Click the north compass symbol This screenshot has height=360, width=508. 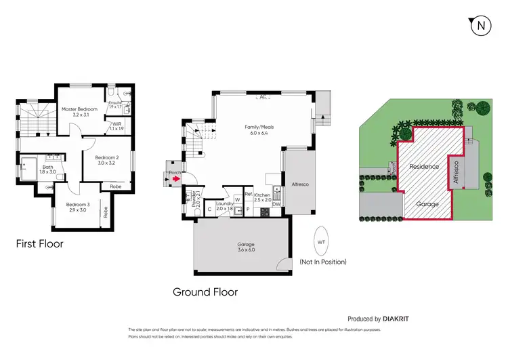480,26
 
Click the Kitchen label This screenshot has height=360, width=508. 262,197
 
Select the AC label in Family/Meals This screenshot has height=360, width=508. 261,97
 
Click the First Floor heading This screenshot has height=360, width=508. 40,243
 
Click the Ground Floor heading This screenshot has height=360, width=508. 205,292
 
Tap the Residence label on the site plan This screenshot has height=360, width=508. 424,166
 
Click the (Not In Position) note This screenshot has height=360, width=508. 323,262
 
